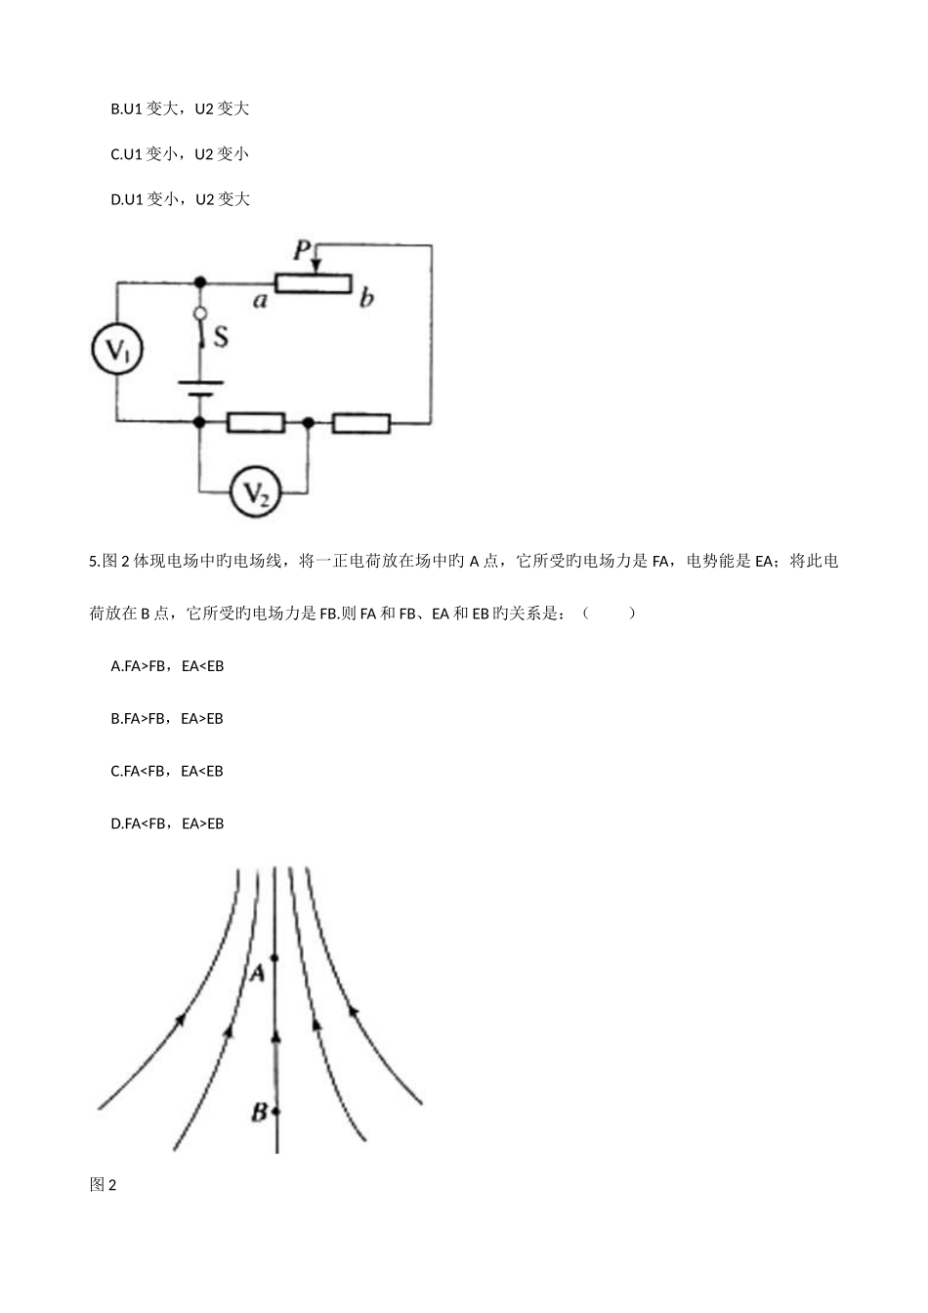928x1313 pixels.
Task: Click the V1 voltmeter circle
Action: [117, 352]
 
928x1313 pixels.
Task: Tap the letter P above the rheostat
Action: [303, 252]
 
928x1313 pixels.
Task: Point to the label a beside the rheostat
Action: [260, 300]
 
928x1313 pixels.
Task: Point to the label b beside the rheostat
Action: [366, 298]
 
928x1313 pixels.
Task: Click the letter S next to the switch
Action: [221, 337]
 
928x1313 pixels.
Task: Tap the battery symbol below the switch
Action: [200, 388]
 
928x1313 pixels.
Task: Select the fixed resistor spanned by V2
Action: [256, 422]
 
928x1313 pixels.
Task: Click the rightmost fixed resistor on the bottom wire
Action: [361, 422]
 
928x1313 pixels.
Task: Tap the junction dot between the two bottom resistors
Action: [309, 422]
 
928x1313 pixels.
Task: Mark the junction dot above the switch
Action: [200, 282]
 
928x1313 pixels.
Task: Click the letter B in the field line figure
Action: [259, 1111]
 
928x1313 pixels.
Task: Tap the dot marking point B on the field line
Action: [276, 1111]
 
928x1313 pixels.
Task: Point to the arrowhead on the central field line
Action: [276, 1034]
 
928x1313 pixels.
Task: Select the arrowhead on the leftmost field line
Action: [180, 1019]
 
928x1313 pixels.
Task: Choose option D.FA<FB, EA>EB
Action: [168, 824]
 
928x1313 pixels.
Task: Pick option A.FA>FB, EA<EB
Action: [168, 666]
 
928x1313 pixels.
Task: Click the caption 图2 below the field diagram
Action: [103, 1185]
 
